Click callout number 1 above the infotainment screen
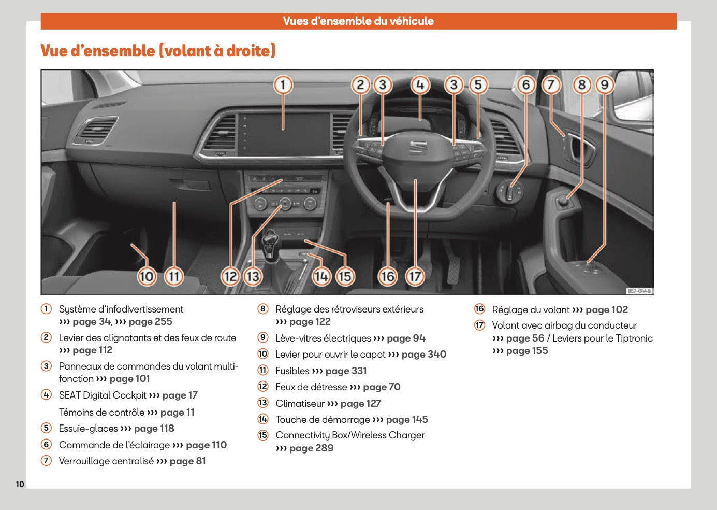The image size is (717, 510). coord(283,84)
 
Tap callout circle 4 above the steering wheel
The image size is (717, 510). coord(420,84)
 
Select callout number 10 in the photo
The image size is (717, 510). coord(147,276)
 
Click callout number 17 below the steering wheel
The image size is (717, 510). coord(415,276)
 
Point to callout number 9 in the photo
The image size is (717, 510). coord(604,84)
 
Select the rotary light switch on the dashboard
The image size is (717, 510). coord(510,192)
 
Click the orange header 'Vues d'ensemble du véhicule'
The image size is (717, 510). coord(358,21)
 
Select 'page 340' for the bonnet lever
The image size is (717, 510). coord(423,355)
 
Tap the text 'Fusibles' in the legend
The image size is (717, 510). coord(292,371)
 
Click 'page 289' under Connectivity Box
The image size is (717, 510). coord(311,448)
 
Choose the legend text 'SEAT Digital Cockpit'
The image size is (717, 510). coord(103,395)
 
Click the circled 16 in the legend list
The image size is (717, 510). coord(479,309)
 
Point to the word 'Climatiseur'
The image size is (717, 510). coord(300,404)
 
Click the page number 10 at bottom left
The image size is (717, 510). coord(20,484)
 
